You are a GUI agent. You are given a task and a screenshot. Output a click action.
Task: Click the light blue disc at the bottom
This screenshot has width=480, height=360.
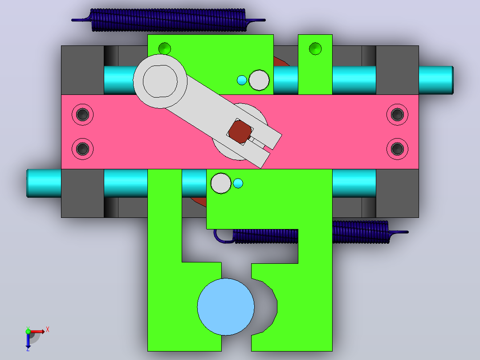coord(226,307)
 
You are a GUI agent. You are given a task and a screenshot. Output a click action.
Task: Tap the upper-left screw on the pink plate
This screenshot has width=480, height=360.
coord(83,115)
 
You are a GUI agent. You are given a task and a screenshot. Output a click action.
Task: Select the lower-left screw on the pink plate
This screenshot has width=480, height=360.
coord(83,149)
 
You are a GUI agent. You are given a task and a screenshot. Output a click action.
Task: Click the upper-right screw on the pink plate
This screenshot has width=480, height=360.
coord(397,115)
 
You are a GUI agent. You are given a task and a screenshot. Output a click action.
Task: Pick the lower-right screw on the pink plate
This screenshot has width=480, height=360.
coord(397,149)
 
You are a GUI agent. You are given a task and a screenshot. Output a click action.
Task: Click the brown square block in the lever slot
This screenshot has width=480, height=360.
coord(240,132)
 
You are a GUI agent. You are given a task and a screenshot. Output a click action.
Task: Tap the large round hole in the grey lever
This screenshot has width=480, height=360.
coord(160,81)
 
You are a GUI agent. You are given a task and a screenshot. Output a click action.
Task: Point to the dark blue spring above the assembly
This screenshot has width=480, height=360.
coord(168,20)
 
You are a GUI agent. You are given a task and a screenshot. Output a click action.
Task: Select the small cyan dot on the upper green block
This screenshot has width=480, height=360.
coord(242,80)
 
